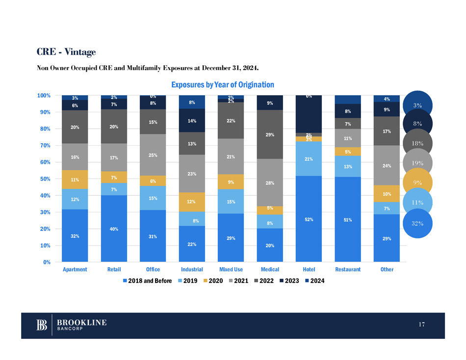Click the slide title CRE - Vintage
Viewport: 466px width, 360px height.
[66, 51]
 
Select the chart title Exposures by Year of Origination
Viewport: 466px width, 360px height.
[222, 85]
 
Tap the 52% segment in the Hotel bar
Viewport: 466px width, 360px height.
[309, 219]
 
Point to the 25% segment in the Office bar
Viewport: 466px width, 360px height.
[153, 155]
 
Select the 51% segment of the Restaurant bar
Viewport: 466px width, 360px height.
[347, 219]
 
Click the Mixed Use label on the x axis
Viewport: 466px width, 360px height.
[231, 269]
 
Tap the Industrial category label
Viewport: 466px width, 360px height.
[192, 269]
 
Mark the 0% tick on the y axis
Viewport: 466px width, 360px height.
[48, 262]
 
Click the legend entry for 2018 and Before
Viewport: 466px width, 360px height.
[149, 281]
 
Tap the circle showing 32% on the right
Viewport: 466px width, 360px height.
[418, 223]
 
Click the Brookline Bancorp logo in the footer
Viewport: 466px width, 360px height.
[72, 325]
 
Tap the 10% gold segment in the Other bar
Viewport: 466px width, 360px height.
[387, 193]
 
